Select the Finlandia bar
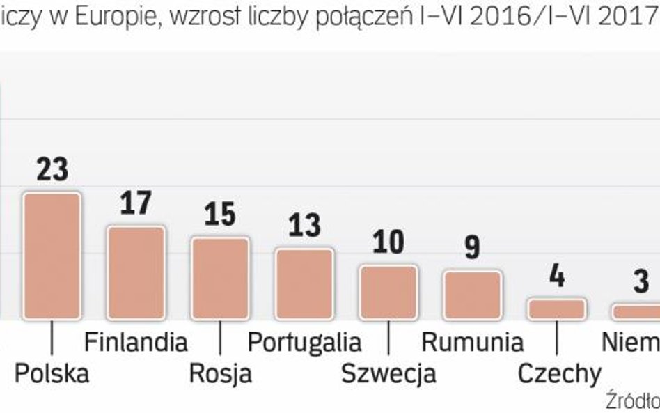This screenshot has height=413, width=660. point(136,272)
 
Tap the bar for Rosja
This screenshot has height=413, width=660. point(220,278)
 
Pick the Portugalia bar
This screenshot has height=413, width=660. point(304,283)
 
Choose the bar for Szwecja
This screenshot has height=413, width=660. point(388,292)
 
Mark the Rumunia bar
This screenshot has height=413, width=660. point(473,295)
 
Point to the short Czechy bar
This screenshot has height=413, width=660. point(557,309)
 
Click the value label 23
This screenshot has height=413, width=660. point(52,170)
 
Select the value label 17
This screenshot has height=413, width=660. point(136,204)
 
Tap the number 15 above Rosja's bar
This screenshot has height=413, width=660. point(220,215)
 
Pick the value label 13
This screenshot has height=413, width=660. point(304,226)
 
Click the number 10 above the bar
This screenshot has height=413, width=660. point(388,242)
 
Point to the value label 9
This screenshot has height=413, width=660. point(473,248)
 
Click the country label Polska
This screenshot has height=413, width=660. point(52,374)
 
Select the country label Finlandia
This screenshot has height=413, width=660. point(136,342)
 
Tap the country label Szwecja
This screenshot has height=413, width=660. point(388,374)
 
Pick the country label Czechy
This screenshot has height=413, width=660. point(559,375)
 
